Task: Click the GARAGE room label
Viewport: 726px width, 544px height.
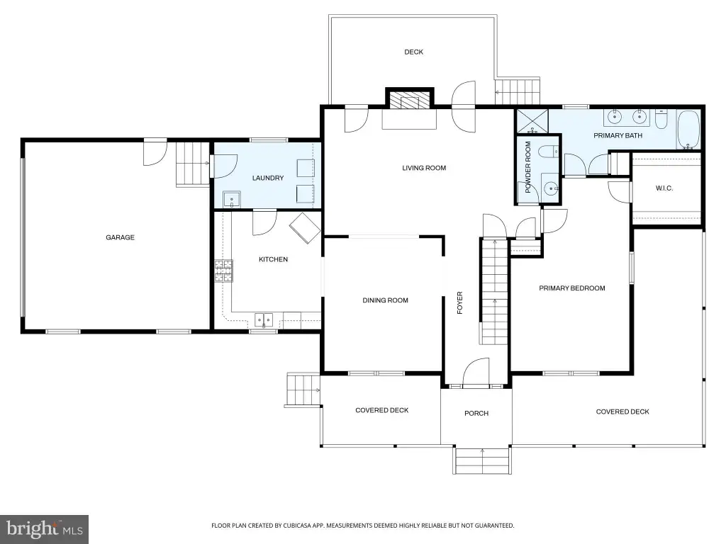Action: coord(120,237)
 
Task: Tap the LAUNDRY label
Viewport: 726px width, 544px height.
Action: coord(267,178)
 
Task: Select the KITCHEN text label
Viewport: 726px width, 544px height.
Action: coord(273,259)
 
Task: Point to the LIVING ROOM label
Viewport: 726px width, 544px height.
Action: coord(424,168)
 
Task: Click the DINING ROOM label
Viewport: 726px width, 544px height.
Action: coord(385,300)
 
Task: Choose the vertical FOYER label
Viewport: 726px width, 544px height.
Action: coord(459,302)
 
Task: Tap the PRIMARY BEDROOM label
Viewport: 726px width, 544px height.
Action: coord(572,288)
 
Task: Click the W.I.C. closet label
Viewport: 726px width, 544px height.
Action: coord(664,188)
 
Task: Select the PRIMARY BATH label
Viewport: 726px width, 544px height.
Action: coord(618,135)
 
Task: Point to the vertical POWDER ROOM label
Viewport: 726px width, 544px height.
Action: coord(527,167)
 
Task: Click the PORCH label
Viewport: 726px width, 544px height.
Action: coord(476,413)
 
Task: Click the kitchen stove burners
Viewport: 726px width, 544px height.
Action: coord(223,271)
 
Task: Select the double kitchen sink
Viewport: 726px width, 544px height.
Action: coord(264,319)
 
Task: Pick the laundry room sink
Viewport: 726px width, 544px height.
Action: coord(232,199)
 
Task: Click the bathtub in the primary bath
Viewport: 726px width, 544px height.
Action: coord(688,130)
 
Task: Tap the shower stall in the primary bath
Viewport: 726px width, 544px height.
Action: coord(532,121)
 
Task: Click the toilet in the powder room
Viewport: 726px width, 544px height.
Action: coord(551,152)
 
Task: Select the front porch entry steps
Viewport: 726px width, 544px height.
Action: coord(482,460)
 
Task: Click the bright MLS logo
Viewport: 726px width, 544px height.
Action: coord(45,528)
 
